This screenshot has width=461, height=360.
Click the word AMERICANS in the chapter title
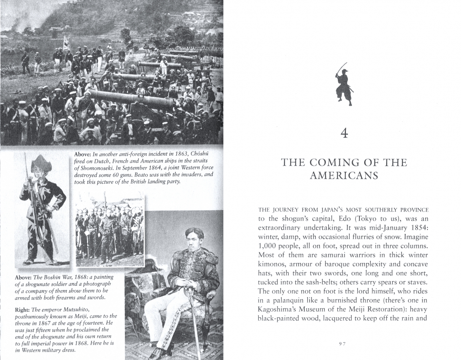344,176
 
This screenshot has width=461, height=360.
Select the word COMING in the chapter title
333,163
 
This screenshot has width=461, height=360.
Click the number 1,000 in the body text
267,246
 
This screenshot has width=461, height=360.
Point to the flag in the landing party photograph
66,41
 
